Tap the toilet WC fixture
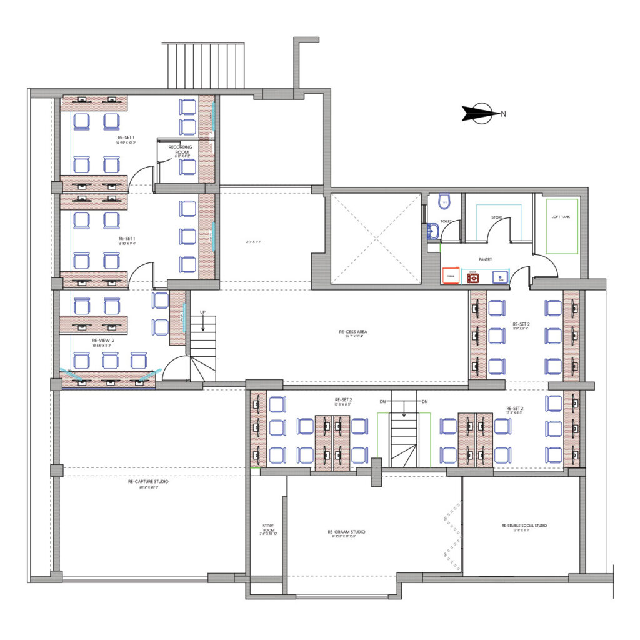[444, 201]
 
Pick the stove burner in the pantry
[473, 277]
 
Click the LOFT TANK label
[561, 216]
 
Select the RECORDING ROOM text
[184, 149]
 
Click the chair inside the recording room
[187, 166]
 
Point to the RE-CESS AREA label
[351, 332]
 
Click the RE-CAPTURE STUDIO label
[148, 482]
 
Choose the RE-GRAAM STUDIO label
[346, 532]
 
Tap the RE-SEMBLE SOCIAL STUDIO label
[524, 526]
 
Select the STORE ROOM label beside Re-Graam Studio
[268, 526]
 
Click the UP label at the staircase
[202, 311]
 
